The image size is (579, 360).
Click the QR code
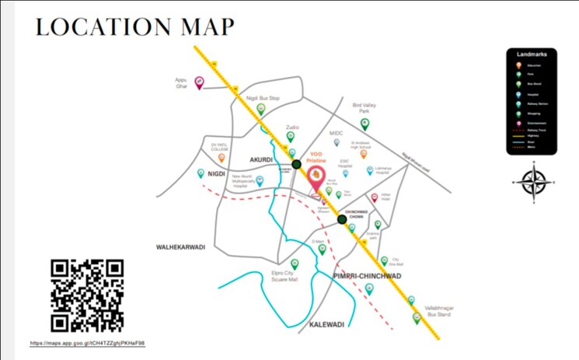tap(87, 295)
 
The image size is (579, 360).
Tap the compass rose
tap(533, 182)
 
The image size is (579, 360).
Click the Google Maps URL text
tap(88, 343)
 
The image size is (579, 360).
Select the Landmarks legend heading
tap(532, 54)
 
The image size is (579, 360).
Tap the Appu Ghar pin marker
tap(199, 82)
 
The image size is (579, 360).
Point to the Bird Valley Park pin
tap(364, 123)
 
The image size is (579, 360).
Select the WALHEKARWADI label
tap(181, 246)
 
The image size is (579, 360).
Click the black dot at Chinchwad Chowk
tap(342, 220)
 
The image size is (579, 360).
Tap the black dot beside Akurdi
tap(296, 164)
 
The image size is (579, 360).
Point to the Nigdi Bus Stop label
tap(263, 99)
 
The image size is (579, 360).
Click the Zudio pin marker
tap(291, 136)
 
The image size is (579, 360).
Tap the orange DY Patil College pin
tap(221, 157)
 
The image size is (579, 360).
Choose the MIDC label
tap(336, 133)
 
